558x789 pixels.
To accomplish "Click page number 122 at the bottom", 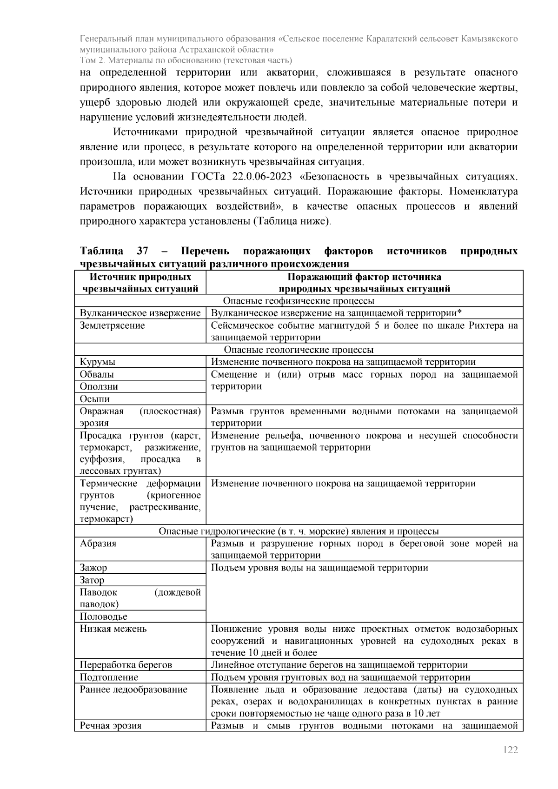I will (510, 749).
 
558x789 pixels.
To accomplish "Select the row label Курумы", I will (98, 362).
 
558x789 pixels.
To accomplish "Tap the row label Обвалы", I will (97, 374).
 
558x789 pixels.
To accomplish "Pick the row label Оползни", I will (99, 386).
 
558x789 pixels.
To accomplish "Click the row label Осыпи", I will (95, 399).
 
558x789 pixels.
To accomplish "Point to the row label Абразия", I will (98, 544).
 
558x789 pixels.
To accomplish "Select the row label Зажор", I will (93, 568).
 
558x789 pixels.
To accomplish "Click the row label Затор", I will (92, 580).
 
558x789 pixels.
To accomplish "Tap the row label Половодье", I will (103, 617).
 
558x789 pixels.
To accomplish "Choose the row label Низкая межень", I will (113, 629).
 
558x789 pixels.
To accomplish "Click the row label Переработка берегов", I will (126, 665).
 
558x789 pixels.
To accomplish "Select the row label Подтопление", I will (109, 677).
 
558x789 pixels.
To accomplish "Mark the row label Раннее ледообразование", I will (133, 690).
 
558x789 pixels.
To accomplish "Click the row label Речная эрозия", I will (111, 726).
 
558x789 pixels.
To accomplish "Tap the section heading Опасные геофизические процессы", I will (299, 301).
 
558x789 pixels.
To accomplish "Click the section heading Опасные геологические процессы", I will (299, 350).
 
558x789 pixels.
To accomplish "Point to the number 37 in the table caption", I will (142, 252).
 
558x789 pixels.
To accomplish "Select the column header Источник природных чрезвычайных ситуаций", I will (140, 283).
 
